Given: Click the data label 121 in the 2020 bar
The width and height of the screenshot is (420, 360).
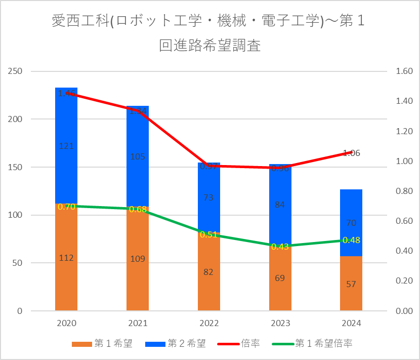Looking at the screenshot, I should [x=66, y=146].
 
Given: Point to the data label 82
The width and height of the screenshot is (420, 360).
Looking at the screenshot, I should [x=208, y=272].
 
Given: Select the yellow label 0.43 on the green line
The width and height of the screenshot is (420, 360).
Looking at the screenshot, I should [x=280, y=247].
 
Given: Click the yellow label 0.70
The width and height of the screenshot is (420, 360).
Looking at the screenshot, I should [x=66, y=207].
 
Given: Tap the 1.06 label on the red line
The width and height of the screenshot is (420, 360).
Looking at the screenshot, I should [x=351, y=153].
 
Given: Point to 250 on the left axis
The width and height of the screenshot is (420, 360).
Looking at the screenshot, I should [x=16, y=71].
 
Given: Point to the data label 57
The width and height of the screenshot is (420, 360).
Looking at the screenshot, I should [x=351, y=284].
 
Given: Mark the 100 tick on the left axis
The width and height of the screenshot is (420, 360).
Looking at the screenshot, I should [x=16, y=215].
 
